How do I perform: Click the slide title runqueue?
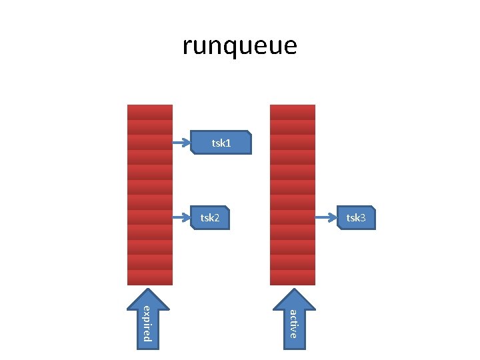239,46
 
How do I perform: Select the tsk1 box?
221,142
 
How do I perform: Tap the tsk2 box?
210,217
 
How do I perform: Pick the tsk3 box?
356,217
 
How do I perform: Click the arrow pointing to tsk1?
182,142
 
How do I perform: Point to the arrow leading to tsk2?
182,217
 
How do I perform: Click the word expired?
147,323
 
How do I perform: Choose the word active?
293,323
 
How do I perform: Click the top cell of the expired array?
150,112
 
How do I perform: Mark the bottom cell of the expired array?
150,278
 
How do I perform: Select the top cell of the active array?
293,112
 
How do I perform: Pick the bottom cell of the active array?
293,278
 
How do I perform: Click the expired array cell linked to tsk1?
150,142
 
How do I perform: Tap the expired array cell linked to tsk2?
150,217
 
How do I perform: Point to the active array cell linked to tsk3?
293,217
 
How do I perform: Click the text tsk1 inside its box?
221,143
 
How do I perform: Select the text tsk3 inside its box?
356,218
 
